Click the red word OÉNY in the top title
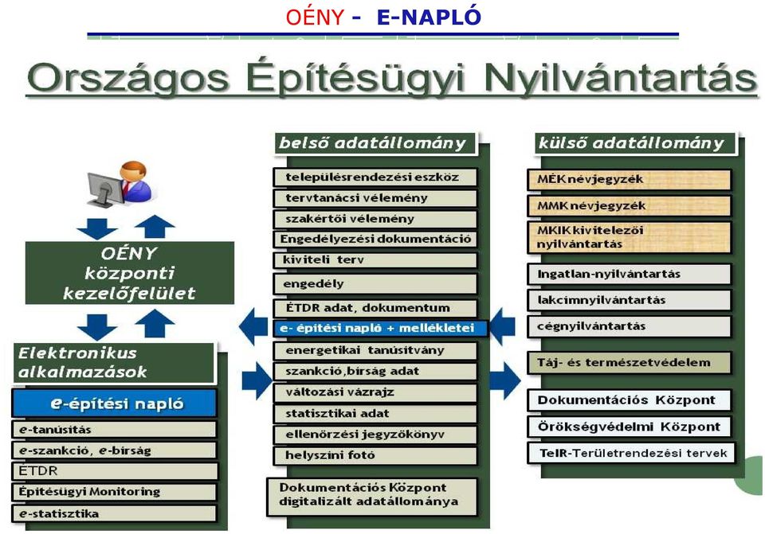pyautogui.click(x=315, y=17)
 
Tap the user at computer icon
pyautogui.click(x=120, y=185)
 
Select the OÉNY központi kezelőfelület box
pyautogui.click(x=130, y=273)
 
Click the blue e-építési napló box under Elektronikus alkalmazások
pyautogui.click(x=114, y=403)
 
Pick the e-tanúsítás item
pyautogui.click(x=114, y=429)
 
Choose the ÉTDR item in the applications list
pyautogui.click(x=114, y=470)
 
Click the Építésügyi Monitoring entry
pyautogui.click(x=114, y=492)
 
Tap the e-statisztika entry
pyautogui.click(x=114, y=513)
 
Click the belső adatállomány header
pyautogui.click(x=375, y=143)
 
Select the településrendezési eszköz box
pyautogui.click(x=375, y=177)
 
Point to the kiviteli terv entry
pyautogui.click(x=375, y=259)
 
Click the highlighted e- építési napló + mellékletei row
pyautogui.click(x=380, y=328)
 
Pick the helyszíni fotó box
pyautogui.click(x=375, y=455)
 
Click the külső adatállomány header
pyautogui.click(x=635, y=143)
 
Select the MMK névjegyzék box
pyautogui.click(x=630, y=205)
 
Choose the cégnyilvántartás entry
pyautogui.click(x=630, y=326)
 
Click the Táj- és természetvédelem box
pyautogui.click(x=630, y=362)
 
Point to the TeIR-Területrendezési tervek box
pyautogui.click(x=631, y=453)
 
